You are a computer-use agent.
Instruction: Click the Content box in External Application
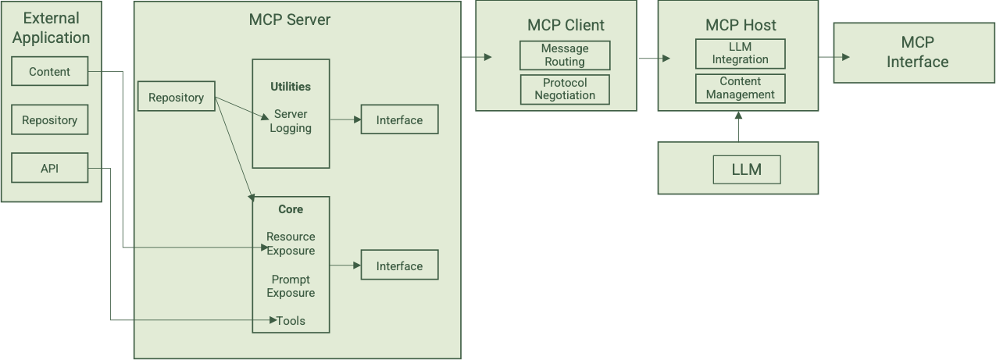coord(49,71)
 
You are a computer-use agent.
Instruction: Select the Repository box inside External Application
coord(49,120)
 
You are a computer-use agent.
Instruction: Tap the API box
coord(49,168)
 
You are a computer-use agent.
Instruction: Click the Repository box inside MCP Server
coord(176,97)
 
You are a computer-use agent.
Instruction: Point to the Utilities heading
coord(291,87)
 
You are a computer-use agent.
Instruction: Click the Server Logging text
coord(291,121)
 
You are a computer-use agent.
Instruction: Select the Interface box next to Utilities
coord(399,119)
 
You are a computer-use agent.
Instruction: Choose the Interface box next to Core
coord(399,266)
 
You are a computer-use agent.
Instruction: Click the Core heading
coord(291,209)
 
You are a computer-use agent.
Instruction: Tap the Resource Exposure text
coord(291,244)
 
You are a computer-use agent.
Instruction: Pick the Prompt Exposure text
coord(291,286)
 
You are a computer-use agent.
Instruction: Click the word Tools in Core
coord(291,321)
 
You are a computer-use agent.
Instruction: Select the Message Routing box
coord(565,55)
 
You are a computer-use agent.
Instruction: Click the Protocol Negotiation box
coord(565,89)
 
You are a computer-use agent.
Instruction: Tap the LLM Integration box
coord(740,53)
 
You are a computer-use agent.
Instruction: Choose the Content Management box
coord(740,88)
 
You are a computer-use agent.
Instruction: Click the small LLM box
coord(746,169)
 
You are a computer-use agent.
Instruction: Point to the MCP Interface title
coord(917,52)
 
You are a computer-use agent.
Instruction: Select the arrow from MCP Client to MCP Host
coord(655,58)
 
